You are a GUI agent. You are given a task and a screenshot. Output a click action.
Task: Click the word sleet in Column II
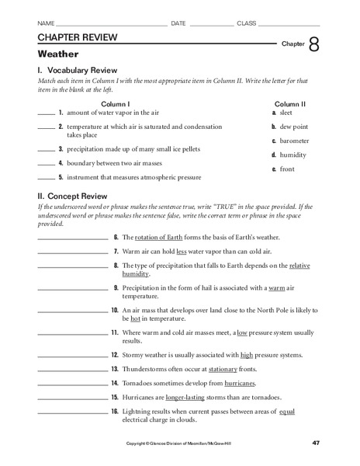pos(287,113)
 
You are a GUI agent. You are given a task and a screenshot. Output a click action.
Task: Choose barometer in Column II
pos(294,141)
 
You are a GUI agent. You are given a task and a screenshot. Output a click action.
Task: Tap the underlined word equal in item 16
pos(287,411)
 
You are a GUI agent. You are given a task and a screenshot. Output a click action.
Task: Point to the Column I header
pos(116,103)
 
